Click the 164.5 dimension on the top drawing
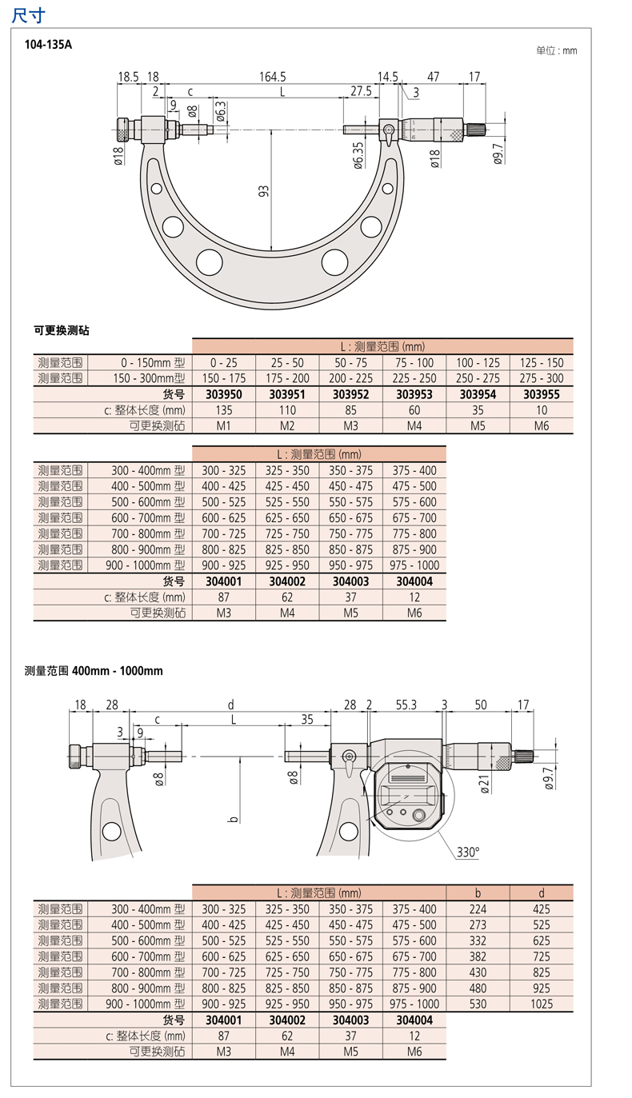tap(272, 77)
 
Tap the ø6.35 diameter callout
tap(357, 156)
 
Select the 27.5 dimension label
tap(360, 91)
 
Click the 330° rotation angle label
tap(468, 852)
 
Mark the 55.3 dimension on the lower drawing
tap(406, 705)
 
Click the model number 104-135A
tap(49, 46)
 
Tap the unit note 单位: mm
tap(556, 50)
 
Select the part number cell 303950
tap(224, 394)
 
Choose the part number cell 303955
tap(542, 394)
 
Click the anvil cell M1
tap(224, 425)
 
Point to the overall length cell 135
tap(224, 410)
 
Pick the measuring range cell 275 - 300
tap(542, 378)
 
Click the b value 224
tap(478, 909)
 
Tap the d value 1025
tap(542, 1004)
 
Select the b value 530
tap(478, 1004)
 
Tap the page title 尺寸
tap(28, 14)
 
